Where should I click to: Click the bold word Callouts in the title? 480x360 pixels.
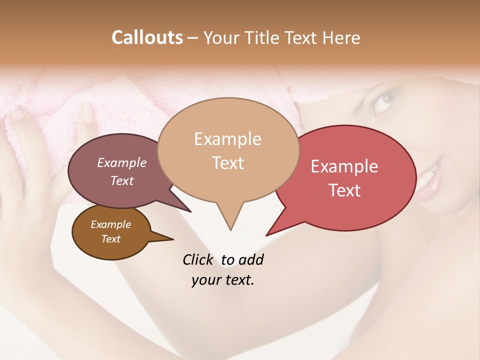(x=147, y=37)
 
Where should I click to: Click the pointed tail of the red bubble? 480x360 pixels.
(x=268, y=234)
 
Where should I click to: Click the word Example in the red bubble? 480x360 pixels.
(x=344, y=166)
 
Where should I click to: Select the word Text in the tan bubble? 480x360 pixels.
(x=228, y=163)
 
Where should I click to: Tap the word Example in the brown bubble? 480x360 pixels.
(x=110, y=224)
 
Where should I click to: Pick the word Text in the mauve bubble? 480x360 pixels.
(x=122, y=180)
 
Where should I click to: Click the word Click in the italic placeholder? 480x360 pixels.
(x=198, y=259)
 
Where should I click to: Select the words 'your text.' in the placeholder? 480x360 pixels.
(x=223, y=280)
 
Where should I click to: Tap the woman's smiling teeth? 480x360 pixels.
(x=428, y=178)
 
